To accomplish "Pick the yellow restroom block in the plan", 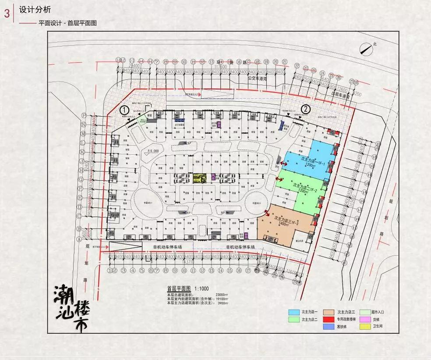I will [x=200, y=178].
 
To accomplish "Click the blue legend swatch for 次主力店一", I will [x=293, y=312].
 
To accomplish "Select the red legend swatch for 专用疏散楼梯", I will [x=329, y=319].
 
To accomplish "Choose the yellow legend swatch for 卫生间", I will [x=364, y=326].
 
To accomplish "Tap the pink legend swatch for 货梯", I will [x=364, y=319].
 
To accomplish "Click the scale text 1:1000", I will [x=201, y=289].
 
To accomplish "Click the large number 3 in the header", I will [x=7, y=14].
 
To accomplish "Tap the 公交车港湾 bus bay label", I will [x=258, y=78].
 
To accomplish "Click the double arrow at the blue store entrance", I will [x=284, y=163].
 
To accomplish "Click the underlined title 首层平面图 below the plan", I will [x=179, y=289].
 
